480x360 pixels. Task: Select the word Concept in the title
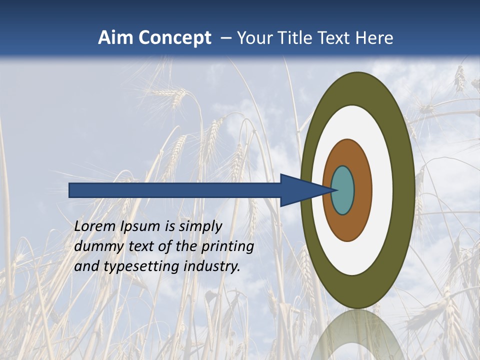pyautogui.click(x=175, y=38)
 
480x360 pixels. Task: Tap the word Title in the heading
pyautogui.click(x=295, y=38)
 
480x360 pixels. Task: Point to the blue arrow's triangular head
pyautogui.click(x=300, y=190)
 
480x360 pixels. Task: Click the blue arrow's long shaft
pyautogui.click(x=175, y=190)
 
